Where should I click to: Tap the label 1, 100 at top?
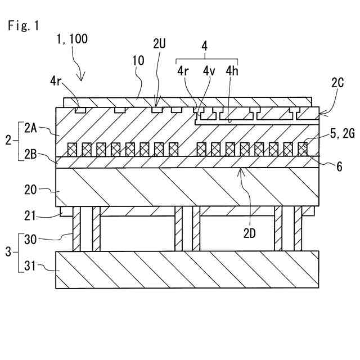[x=72, y=39]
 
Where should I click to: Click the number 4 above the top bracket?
[x=205, y=47]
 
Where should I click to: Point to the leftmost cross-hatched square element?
[x=73, y=149]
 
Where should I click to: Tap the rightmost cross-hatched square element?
[x=303, y=149]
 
